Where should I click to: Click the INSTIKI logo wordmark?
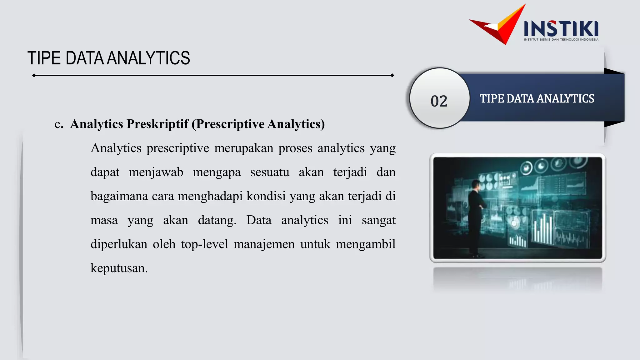[x=561, y=28]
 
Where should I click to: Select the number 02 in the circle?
[x=439, y=101]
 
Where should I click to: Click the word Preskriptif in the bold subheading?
[x=157, y=124]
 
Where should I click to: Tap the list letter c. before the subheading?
[x=59, y=124]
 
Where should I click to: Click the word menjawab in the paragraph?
[x=156, y=172]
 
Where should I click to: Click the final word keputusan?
[x=119, y=268]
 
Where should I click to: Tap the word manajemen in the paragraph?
[x=264, y=244]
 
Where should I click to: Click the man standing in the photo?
[x=476, y=216]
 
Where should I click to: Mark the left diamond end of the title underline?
[x=34, y=75]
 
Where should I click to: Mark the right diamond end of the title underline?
[x=392, y=75]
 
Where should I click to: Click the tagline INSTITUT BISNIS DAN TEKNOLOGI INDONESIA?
[x=561, y=40]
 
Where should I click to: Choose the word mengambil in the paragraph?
[x=366, y=244]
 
